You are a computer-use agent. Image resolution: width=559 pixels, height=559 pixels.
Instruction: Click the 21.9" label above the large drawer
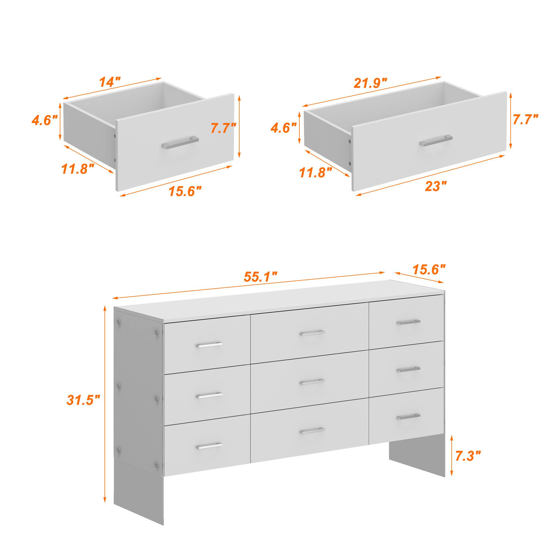tap(370, 83)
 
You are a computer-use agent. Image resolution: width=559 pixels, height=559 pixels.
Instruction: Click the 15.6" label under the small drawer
tap(185, 191)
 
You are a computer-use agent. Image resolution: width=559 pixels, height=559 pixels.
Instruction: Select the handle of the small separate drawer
tap(180, 142)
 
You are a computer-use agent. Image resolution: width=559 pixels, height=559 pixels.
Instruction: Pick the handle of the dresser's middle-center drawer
tap(312, 382)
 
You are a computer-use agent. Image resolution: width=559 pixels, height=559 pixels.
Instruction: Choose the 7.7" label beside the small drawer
tap(223, 128)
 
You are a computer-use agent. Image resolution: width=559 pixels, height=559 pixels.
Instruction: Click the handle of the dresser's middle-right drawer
tap(408, 369)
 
